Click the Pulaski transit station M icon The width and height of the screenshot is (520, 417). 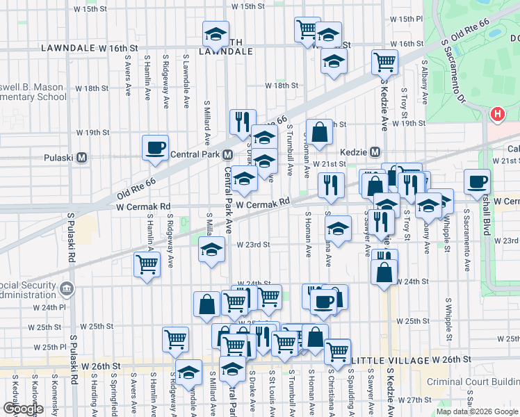[82, 157]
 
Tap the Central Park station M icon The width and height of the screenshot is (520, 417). [227, 154]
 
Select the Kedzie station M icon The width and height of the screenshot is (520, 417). [375, 152]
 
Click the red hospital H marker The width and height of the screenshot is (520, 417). [497, 114]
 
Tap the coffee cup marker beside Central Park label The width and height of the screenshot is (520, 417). [155, 147]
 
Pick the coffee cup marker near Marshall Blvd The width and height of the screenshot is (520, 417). [477, 181]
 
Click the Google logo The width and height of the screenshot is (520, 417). [23, 409]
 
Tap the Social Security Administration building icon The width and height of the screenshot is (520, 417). [65, 288]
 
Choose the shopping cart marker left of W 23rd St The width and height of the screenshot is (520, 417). [147, 265]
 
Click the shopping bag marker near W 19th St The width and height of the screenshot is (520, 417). [319, 131]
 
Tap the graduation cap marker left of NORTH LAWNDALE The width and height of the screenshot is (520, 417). [216, 33]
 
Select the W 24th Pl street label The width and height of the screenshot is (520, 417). [53, 307]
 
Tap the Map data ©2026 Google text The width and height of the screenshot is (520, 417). [476, 411]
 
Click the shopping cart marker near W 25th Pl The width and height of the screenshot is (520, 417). [175, 340]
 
